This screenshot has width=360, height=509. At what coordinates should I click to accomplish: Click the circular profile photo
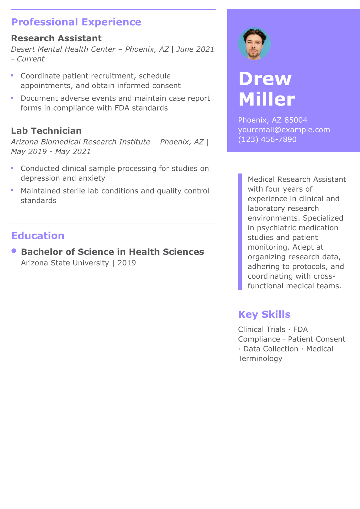(254, 44)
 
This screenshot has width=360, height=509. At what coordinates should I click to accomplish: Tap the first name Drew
(265, 79)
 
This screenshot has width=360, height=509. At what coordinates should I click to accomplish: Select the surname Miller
(267, 99)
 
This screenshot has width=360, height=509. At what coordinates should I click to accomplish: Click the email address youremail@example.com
(284, 130)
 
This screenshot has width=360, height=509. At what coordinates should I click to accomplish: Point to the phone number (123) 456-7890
(267, 139)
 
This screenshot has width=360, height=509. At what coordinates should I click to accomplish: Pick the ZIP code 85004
(296, 120)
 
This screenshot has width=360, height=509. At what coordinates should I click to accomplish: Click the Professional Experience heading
(76, 22)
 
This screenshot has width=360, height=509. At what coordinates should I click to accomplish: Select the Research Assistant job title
(56, 38)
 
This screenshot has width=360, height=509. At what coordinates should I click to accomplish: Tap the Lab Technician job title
(46, 131)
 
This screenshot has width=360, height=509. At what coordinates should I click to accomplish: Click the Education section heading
(38, 236)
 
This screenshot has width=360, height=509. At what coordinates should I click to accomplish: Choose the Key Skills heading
(264, 314)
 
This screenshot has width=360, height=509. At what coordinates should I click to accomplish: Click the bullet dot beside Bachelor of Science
(14, 251)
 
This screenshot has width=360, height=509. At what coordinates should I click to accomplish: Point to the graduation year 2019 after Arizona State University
(126, 263)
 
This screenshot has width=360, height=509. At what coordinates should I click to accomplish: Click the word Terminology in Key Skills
(260, 358)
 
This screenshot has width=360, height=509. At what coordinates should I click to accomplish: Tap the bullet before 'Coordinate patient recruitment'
(12, 75)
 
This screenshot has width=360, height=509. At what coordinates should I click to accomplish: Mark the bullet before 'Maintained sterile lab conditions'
(12, 190)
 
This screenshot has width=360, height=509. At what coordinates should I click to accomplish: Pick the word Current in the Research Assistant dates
(31, 59)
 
